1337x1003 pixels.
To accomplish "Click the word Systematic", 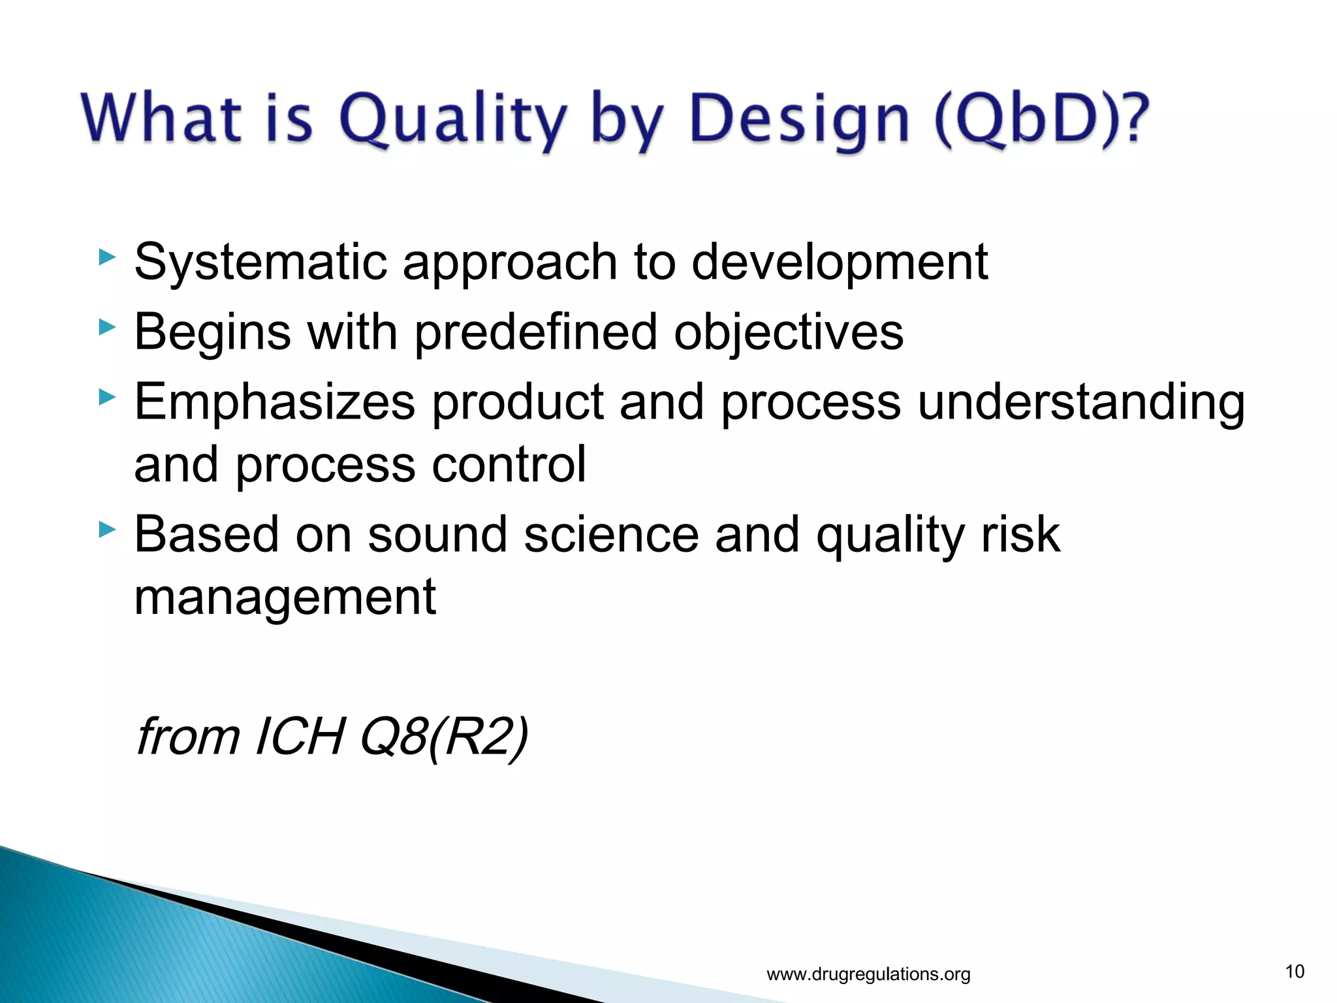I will tap(260, 263).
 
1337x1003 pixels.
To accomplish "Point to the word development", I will tap(839, 263).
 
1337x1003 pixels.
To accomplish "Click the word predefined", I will tap(535, 332).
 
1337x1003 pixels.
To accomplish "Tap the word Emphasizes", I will tap(275, 402).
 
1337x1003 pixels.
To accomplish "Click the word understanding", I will tap(1081, 402).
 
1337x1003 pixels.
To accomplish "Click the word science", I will tap(611, 535).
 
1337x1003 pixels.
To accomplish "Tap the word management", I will tap(285, 597).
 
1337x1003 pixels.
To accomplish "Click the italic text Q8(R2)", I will tap(444, 737).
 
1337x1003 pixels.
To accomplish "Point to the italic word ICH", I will tap(300, 737).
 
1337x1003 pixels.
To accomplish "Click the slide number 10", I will tap(1295, 972).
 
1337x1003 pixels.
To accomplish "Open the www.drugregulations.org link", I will tap(868, 974).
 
